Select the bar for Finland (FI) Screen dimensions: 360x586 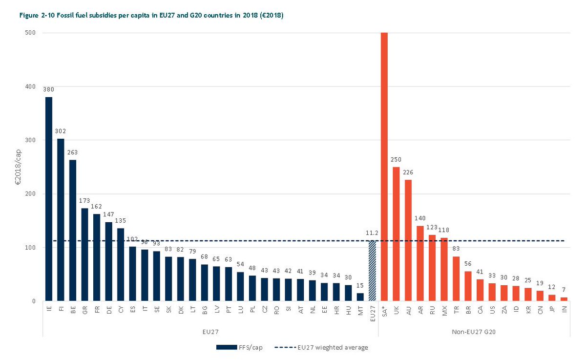(x=61, y=220)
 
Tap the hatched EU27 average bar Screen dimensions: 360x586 (x=372, y=271)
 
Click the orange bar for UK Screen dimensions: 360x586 (x=396, y=234)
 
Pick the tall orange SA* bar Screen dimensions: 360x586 (x=384, y=166)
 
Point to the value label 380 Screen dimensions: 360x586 (x=49, y=89)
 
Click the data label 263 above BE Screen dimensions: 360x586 (x=73, y=152)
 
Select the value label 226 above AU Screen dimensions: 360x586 (x=408, y=172)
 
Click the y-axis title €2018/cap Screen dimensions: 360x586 (x=18, y=167)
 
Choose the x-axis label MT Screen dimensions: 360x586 (x=360, y=311)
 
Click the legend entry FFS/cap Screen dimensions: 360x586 (x=239, y=347)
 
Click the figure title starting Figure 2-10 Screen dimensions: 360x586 (x=151, y=16)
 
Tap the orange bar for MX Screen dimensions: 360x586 (x=444, y=269)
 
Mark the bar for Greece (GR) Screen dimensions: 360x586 (x=84, y=254)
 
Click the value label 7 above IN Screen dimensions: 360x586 (x=565, y=290)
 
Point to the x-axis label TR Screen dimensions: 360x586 (x=456, y=311)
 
